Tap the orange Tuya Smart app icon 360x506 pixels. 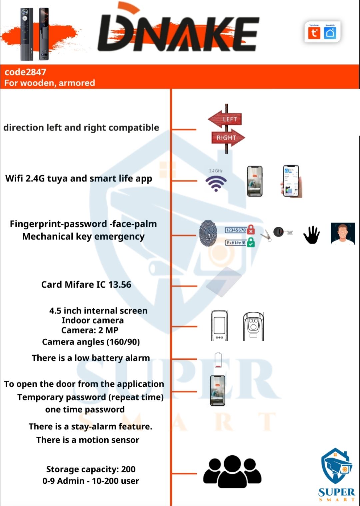click(x=314, y=33)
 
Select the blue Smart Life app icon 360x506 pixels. click(x=330, y=33)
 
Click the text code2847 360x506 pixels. click(x=25, y=72)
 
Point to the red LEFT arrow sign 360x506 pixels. click(x=225, y=119)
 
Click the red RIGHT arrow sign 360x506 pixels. click(x=228, y=138)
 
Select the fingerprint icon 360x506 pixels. click(x=208, y=233)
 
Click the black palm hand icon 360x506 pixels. click(x=311, y=235)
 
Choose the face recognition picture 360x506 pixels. click(x=343, y=234)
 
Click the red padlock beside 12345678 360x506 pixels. click(x=251, y=230)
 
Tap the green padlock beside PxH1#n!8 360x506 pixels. click(x=251, y=242)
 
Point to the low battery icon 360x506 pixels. click(x=218, y=360)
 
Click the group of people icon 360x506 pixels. click(x=232, y=471)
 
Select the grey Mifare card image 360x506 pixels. click(x=223, y=282)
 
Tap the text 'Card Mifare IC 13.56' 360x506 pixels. click(x=86, y=284)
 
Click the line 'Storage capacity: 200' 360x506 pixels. click(x=91, y=469)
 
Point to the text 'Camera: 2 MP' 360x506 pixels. click(x=90, y=330)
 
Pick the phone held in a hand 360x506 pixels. click(x=291, y=181)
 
